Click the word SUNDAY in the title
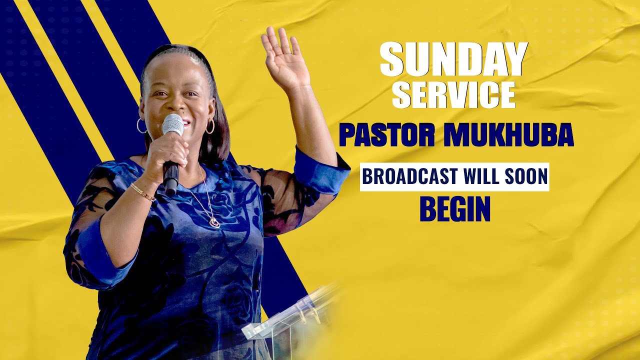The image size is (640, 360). (453, 60)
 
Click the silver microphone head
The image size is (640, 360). (172, 123)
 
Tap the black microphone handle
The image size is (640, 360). (171, 177)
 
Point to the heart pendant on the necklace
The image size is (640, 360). (214, 222)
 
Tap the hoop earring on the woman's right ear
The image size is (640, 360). (141, 125)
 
